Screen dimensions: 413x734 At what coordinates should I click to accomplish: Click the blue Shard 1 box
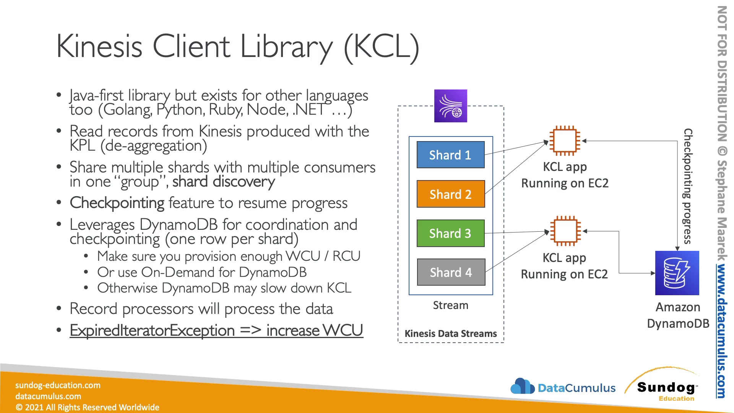pos(450,155)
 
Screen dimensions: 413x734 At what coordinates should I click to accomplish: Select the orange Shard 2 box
pos(450,194)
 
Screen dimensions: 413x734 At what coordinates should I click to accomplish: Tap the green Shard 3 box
pos(450,233)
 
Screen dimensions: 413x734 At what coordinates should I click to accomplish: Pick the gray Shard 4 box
pos(451,272)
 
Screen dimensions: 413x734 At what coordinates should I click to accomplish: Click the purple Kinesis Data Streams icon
pos(450,106)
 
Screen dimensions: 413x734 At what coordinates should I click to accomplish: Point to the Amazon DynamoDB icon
pos(677,273)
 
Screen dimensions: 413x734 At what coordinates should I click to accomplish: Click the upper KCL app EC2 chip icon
pos(565,141)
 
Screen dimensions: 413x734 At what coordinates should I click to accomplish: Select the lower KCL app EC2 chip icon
pos(565,231)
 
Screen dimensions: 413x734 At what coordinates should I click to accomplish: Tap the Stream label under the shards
pos(450,305)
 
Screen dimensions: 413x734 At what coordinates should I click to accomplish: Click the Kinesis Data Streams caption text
pos(451,333)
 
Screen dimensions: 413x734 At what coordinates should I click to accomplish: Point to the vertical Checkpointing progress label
pos(687,186)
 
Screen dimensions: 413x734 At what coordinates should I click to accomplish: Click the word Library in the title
pos(286,47)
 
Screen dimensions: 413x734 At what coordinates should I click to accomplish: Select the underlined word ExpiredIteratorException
pos(152,330)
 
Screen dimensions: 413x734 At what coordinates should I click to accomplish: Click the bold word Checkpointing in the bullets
pos(117,203)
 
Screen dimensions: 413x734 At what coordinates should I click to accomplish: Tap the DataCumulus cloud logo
pos(522,387)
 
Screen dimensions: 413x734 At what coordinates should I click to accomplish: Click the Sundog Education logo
pos(666,387)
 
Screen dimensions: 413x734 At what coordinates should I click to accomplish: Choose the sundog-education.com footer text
pos(58,385)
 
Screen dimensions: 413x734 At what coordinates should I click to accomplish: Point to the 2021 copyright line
pos(87,407)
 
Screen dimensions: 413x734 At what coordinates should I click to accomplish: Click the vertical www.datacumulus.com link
pos(721,331)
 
